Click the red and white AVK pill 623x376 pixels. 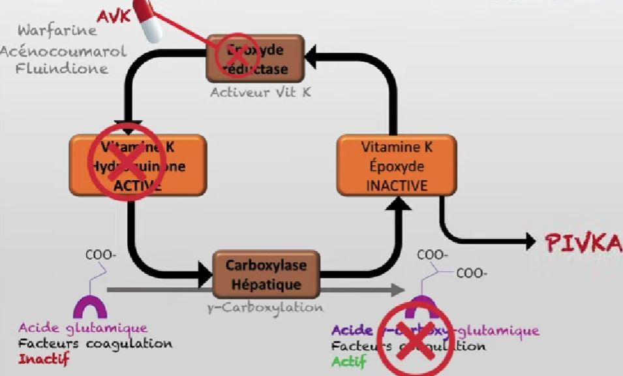149,22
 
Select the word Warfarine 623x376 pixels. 57,30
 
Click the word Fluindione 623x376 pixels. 63,69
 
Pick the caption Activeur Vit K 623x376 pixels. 260,93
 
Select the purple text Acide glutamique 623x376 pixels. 83,328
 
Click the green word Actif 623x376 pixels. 349,361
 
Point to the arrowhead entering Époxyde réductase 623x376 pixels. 318,59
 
